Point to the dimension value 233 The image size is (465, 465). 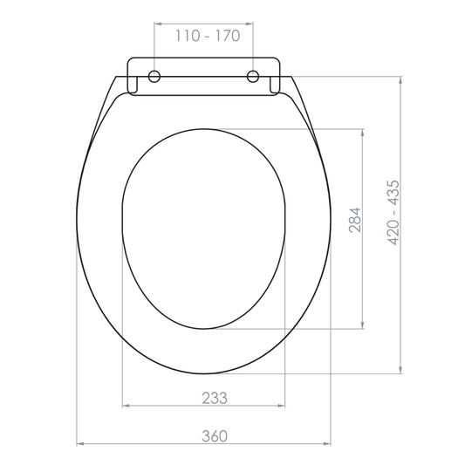click(x=215, y=398)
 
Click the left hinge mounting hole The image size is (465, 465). click(x=154, y=76)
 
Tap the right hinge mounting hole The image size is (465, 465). click(x=254, y=76)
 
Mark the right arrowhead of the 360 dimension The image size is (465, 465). click(x=332, y=444)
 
